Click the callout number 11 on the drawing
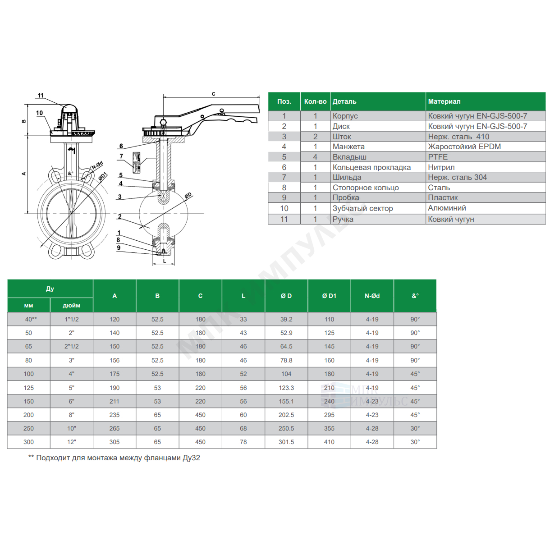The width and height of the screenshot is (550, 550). coord(41,95)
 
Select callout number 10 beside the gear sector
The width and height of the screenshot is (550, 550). coord(39,113)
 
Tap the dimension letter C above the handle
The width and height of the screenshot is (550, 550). coord(213,94)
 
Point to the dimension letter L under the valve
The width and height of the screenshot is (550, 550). coord(165,261)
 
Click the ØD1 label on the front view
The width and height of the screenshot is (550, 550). coord(103,176)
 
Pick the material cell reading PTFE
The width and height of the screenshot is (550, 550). coord(438,157)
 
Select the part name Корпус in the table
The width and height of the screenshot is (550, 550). coord(345,116)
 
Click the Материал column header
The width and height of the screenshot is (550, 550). coord(444,101)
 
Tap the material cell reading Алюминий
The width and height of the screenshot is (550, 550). coord(447,208)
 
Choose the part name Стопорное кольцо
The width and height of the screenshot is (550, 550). coord(365,188)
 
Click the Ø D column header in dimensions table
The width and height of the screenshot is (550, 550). coord(286,296)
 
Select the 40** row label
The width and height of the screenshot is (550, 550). coord(31,319)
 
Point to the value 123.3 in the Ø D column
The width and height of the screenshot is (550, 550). coord(286,388)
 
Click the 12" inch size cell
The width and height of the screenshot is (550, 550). coord(71,442)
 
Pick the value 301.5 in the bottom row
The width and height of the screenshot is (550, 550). coord(286,442)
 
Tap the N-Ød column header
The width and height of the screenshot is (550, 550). coord(372,296)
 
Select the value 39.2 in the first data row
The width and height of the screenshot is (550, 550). coord(286,319)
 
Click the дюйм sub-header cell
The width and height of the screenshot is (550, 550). coord(71,305)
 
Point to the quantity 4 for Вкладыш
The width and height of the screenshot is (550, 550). coord(315,157)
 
